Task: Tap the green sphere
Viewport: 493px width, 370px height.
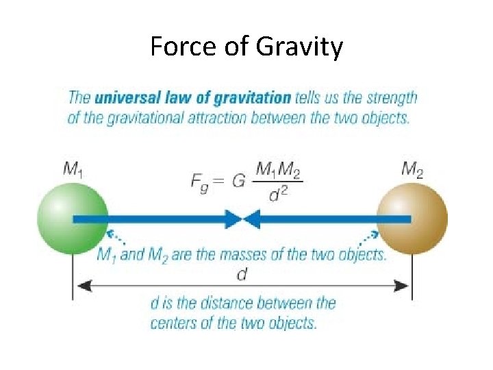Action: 72,219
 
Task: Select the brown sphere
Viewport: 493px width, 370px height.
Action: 412,219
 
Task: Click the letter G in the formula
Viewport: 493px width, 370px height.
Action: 238,182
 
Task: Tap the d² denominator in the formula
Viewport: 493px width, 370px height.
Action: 278,196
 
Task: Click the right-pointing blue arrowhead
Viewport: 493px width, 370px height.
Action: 233,219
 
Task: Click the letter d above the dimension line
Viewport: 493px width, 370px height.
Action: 242,273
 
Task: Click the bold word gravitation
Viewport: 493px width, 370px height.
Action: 256,97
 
